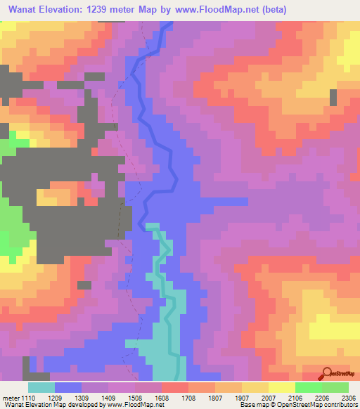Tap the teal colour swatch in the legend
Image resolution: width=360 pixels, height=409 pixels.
41,387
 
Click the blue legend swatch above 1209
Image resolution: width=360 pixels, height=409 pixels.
68,387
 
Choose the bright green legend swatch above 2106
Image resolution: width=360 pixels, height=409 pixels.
309,387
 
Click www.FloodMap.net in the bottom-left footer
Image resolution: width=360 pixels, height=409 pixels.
136,405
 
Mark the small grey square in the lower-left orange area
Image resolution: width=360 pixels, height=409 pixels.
84,285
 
